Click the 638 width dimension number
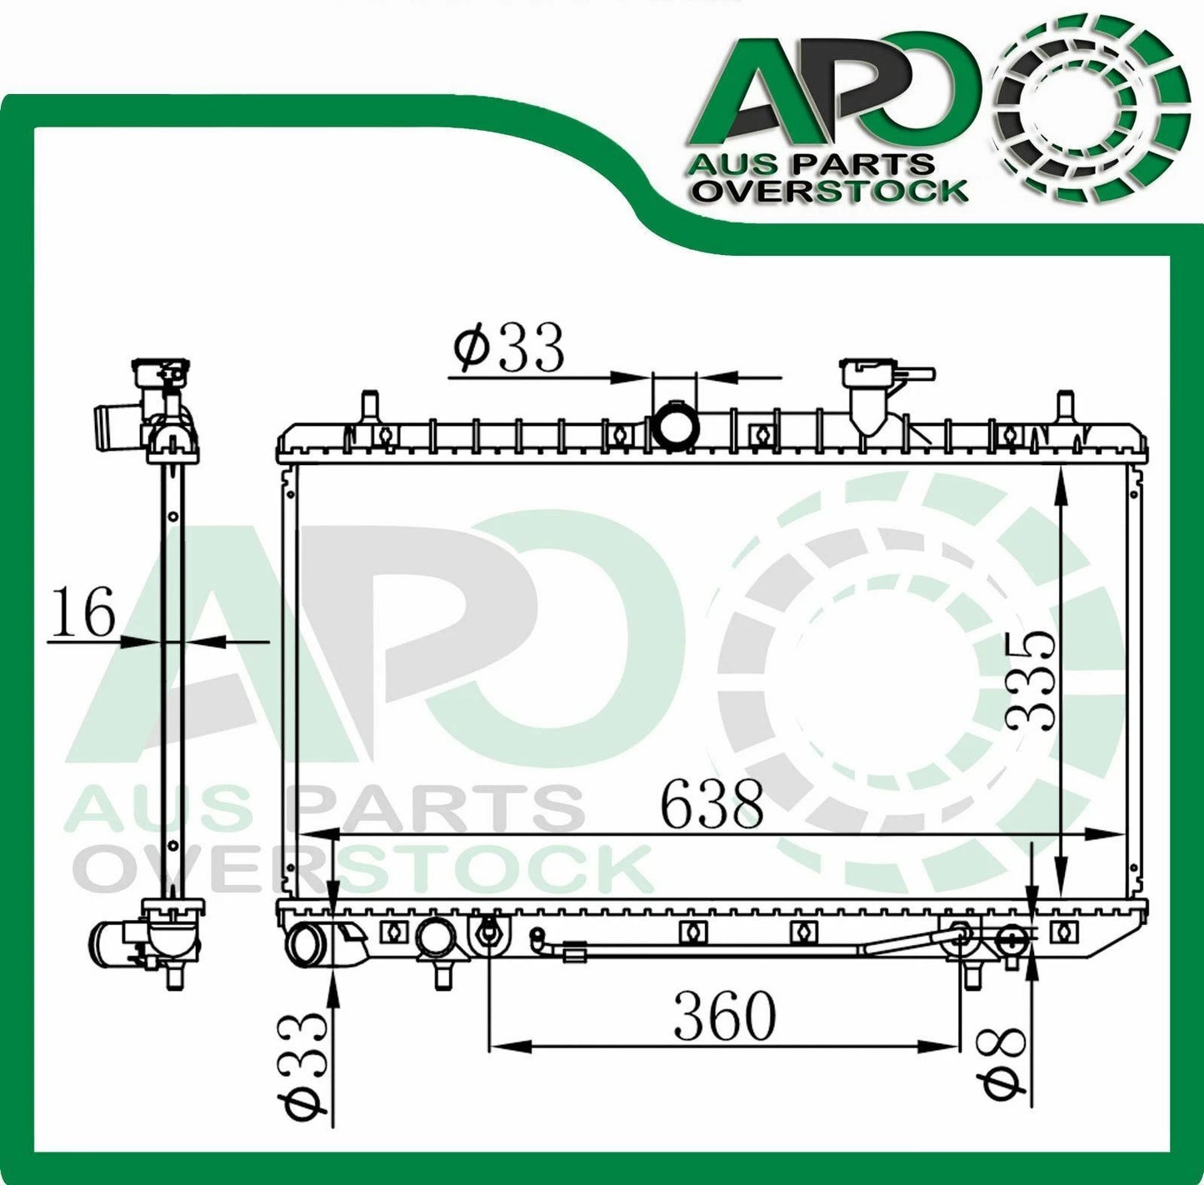[712, 804]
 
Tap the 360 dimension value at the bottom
[724, 1016]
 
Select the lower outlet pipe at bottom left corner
[306, 947]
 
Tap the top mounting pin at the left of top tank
[370, 409]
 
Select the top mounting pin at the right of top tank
[1064, 409]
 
